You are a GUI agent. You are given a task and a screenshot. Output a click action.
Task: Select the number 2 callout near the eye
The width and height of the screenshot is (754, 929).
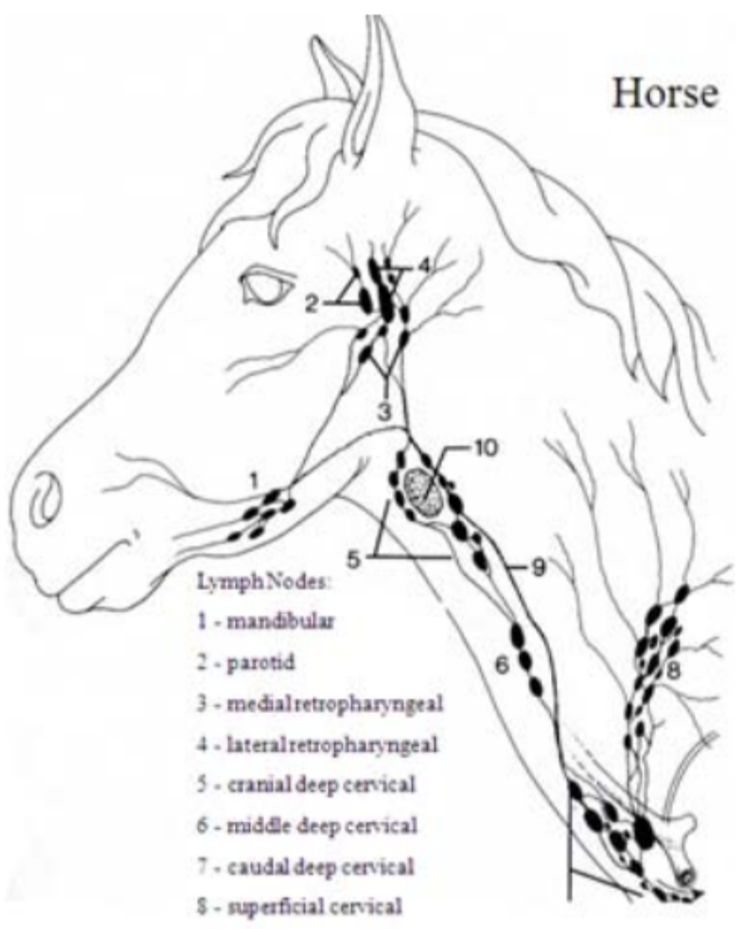(x=310, y=304)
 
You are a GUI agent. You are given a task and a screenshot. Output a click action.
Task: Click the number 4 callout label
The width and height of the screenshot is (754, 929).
(x=424, y=267)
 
